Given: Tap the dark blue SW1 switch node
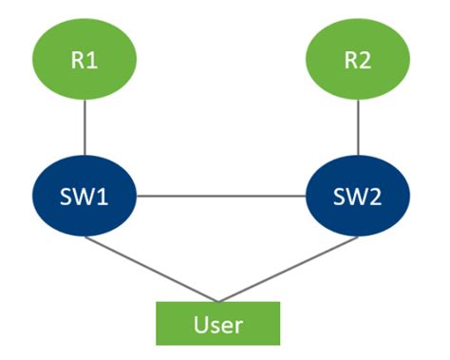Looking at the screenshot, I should pos(85,198).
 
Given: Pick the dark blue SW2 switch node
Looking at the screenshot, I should pos(357,198).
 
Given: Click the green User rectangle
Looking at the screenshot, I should pos(219,323).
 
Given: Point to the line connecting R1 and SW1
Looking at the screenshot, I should pos(85,127).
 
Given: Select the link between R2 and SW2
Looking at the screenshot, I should pos(357,127).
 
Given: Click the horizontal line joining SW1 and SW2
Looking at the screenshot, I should pos(221,198).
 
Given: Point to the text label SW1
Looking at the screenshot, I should pos(85,199).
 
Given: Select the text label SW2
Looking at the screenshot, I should pos(357,199).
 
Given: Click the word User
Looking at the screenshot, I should pos(219,324).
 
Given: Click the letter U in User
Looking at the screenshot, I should pos(200,324).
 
